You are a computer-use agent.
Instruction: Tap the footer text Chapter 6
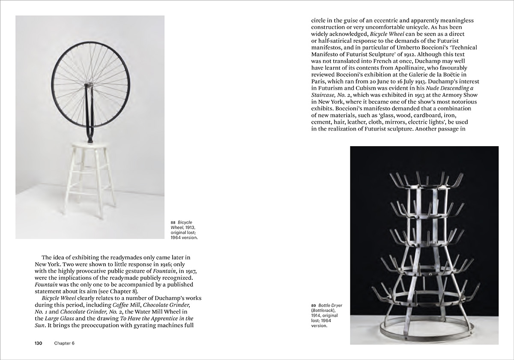[x=64, y=343]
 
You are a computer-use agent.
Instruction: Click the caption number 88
[x=173, y=222]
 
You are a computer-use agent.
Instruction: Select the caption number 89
[x=314, y=305]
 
